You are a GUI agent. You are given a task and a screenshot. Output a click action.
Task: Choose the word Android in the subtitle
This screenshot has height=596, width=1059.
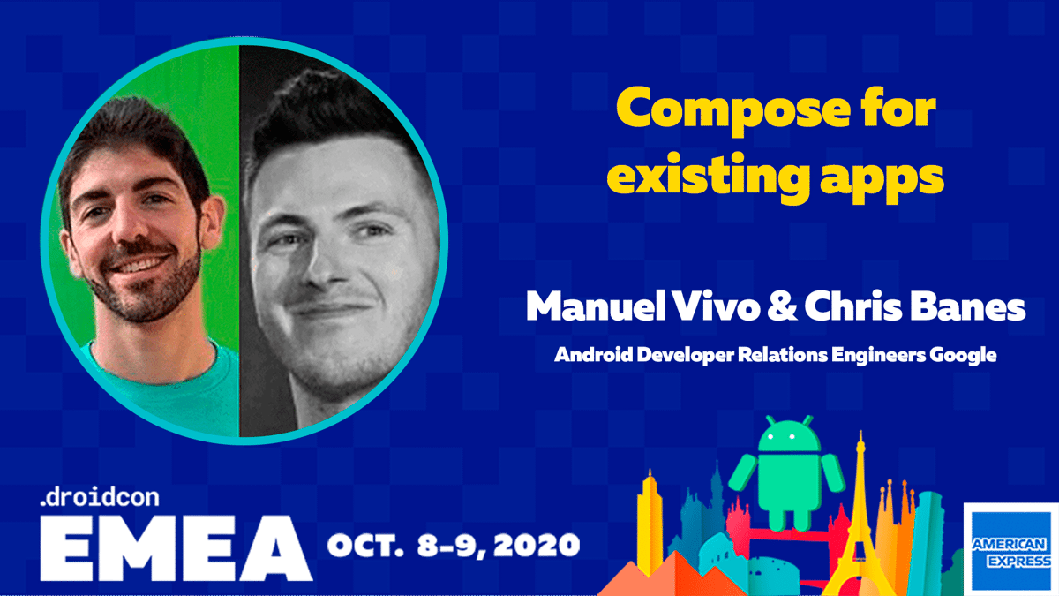pyautogui.click(x=587, y=356)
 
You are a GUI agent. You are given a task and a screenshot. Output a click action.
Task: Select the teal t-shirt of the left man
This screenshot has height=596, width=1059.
pyautogui.click(x=150, y=389)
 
